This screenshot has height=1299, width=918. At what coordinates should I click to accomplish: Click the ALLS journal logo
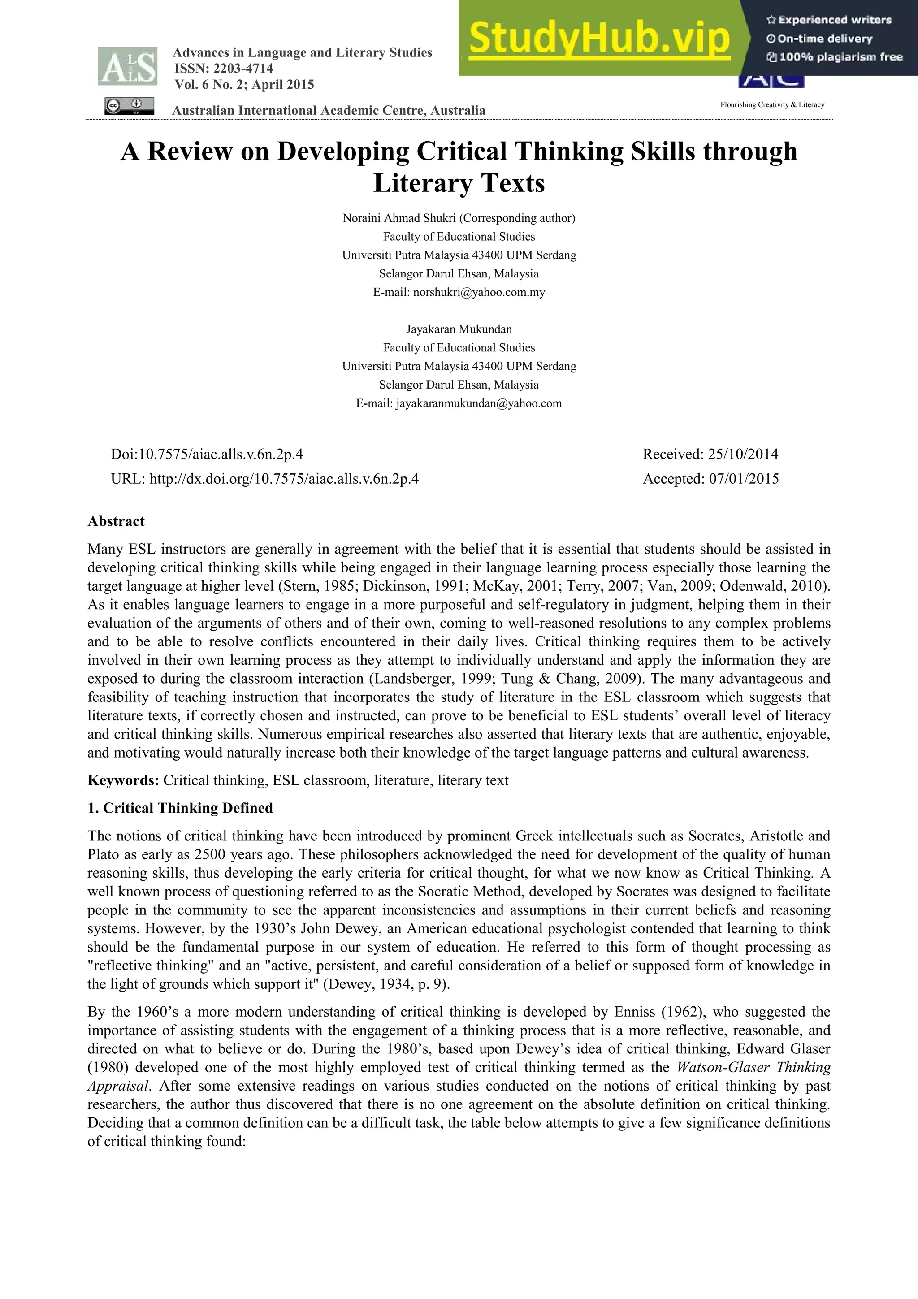click(x=128, y=67)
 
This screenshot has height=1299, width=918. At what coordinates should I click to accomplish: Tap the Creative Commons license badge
click(x=129, y=106)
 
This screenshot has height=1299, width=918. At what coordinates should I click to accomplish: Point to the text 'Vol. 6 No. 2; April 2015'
click(x=244, y=85)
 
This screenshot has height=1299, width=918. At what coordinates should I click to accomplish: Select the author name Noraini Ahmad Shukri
click(x=399, y=218)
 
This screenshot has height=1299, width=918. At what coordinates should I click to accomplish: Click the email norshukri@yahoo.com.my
click(x=479, y=293)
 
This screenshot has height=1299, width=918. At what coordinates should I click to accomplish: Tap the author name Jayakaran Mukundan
click(x=459, y=329)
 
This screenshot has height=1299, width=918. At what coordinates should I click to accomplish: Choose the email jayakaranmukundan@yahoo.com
click(x=479, y=403)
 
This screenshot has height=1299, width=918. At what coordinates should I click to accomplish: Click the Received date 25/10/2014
click(x=743, y=455)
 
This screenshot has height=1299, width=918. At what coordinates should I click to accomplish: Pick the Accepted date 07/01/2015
click(x=744, y=479)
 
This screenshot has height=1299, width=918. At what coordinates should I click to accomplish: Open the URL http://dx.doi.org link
click(x=283, y=479)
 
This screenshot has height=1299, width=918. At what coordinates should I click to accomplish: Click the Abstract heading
click(x=116, y=521)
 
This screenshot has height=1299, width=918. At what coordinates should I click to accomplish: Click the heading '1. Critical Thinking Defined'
click(x=180, y=808)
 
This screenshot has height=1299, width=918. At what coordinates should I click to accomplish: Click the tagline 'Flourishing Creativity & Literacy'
click(x=772, y=105)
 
